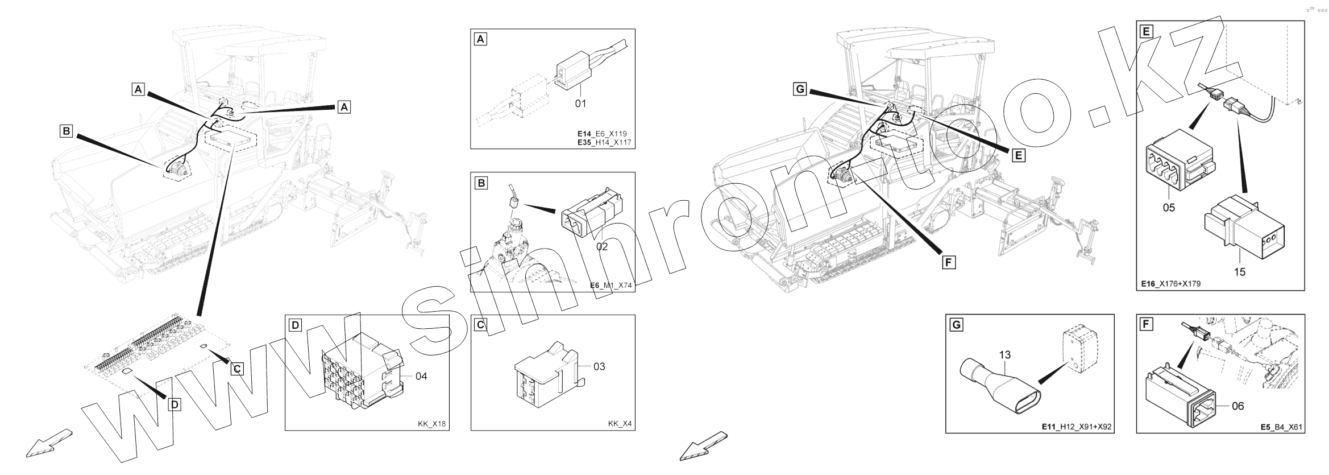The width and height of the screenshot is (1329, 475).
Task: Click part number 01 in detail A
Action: pyautogui.click(x=580, y=104)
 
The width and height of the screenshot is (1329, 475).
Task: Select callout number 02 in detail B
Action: pyautogui.click(x=601, y=246)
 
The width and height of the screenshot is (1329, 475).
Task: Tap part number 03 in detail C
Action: pyautogui.click(x=599, y=367)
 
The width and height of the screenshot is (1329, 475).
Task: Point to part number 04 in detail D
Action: pyautogui.click(x=421, y=376)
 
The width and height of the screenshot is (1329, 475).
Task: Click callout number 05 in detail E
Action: pyautogui.click(x=1168, y=208)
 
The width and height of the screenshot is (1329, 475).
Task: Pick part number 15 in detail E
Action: pyautogui.click(x=1239, y=272)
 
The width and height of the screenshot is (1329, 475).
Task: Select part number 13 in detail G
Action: pyautogui.click(x=1004, y=355)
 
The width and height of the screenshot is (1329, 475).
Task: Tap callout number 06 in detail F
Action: pyautogui.click(x=1237, y=406)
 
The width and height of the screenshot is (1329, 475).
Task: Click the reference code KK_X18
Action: pyautogui.click(x=432, y=424)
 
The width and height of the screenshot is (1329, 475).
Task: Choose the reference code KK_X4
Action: pyautogui.click(x=620, y=424)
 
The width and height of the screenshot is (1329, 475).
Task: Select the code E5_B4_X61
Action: pyautogui.click(x=1281, y=427)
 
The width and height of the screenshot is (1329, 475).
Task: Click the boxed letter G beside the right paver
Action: pyautogui.click(x=800, y=89)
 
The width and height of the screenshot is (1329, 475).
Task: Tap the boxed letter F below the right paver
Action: pyautogui.click(x=948, y=262)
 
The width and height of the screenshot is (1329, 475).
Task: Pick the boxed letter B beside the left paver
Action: pyautogui.click(x=67, y=131)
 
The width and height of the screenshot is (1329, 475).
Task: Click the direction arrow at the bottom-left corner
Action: pyautogui.click(x=48, y=443)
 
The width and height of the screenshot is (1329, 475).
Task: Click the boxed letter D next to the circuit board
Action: pyautogui.click(x=175, y=404)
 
